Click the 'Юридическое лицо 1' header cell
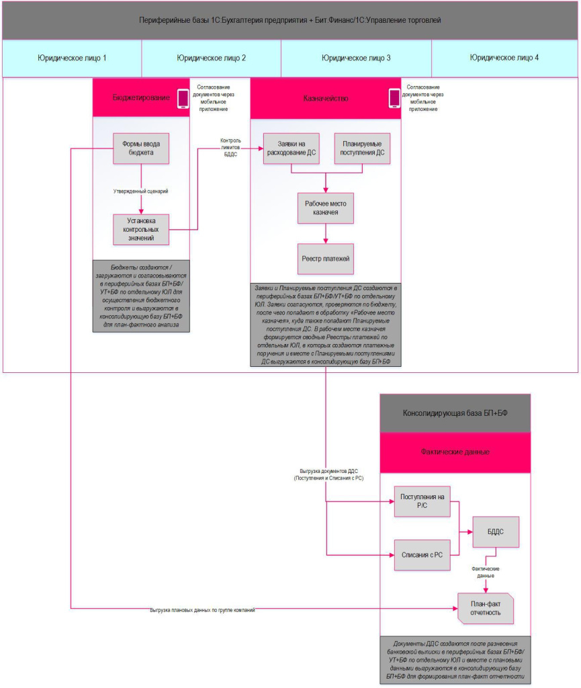click(x=72, y=58)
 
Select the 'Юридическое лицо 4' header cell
click(x=504, y=58)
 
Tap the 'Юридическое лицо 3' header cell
click(x=355, y=58)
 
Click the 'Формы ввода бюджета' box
click(x=140, y=148)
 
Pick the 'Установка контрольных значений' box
click(x=140, y=229)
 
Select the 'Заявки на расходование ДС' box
click(x=290, y=148)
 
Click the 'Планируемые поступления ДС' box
click(x=362, y=148)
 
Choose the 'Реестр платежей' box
click(x=326, y=259)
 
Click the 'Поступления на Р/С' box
click(x=422, y=501)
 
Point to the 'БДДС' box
click(x=496, y=531)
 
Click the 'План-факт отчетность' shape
click(x=485, y=607)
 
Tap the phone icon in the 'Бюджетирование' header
click(x=182, y=99)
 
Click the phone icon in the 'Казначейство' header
click(x=394, y=99)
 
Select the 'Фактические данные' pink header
click(x=455, y=452)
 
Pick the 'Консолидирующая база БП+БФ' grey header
click(x=455, y=413)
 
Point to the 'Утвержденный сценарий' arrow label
click(x=140, y=191)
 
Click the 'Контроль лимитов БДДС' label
click(x=226, y=148)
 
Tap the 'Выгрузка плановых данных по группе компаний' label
click(x=202, y=610)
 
